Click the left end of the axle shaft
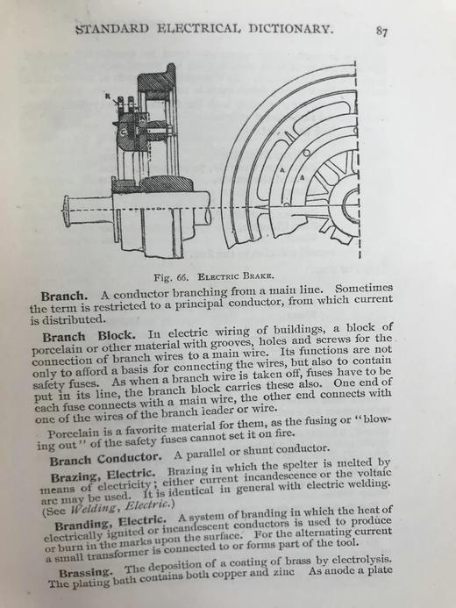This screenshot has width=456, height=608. click(66, 214)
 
